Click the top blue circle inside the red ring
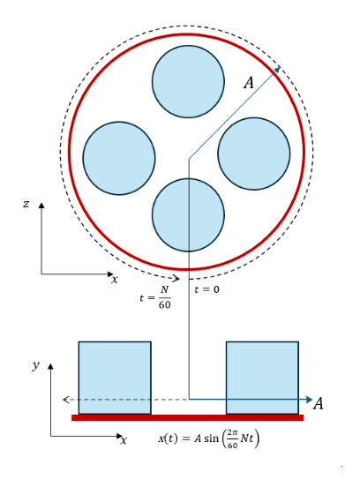[x=188, y=82]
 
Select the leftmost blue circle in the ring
[x=119, y=159]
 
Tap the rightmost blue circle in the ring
[x=254, y=154]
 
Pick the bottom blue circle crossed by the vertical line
[x=188, y=215]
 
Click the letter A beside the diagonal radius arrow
[x=249, y=83]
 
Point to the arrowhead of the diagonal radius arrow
[x=277, y=70]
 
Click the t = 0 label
[x=206, y=289]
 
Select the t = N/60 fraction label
[x=155, y=297]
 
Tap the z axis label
[x=26, y=204]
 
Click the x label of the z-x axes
[x=115, y=280]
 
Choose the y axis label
[x=35, y=365]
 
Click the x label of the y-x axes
[x=124, y=440]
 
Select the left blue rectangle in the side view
[x=115, y=378]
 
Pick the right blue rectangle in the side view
[x=262, y=378]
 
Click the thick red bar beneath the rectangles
[x=188, y=417]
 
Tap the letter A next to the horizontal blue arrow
[x=319, y=404]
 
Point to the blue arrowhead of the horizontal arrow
[x=309, y=400]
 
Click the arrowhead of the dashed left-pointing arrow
[x=65, y=400]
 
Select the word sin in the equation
[x=211, y=438]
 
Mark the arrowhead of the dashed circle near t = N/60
[x=176, y=278]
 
